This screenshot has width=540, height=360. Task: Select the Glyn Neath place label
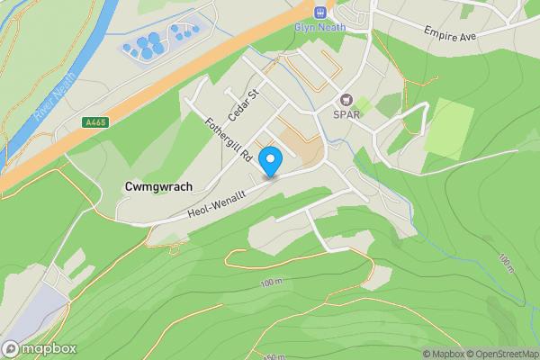(319, 26)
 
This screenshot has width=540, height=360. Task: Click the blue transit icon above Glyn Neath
(319, 11)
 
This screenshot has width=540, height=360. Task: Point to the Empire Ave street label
(455, 32)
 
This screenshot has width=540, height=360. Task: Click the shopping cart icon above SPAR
(346, 101)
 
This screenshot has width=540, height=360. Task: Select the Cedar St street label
(242, 104)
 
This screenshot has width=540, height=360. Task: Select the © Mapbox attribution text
(445, 354)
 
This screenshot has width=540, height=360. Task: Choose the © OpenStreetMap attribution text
(505, 354)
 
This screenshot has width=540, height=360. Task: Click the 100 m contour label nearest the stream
(507, 263)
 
